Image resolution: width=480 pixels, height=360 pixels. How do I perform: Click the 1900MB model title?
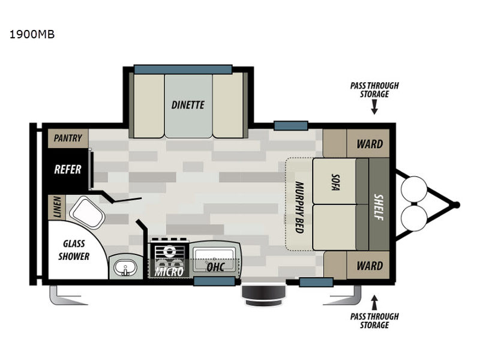(32, 35)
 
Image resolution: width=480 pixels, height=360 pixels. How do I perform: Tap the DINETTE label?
(188, 105)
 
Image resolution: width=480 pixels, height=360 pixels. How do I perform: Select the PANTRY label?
(68, 138)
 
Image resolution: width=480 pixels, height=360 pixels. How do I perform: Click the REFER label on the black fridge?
(68, 169)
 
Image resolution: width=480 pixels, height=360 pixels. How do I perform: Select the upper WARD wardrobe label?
(370, 145)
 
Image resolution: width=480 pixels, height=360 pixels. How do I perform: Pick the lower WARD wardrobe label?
(370, 265)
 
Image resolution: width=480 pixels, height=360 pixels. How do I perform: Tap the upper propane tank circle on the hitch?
(412, 187)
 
